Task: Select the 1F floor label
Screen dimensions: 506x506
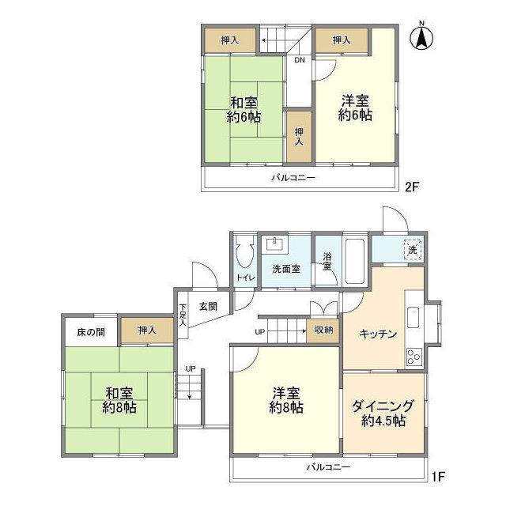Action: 439,478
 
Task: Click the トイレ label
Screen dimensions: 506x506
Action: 244,277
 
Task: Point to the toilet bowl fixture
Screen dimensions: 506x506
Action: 244,255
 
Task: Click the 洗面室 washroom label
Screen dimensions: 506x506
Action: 285,269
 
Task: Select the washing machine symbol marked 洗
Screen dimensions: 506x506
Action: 412,250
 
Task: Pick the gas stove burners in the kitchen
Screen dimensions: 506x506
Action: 413,357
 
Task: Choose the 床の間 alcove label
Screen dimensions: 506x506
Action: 89,330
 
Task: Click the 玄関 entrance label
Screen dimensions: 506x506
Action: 208,306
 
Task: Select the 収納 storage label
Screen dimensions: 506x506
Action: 323,330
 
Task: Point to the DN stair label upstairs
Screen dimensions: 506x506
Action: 300,60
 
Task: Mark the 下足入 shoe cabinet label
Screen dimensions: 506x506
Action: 183,314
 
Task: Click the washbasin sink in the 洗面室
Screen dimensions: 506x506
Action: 278,244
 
